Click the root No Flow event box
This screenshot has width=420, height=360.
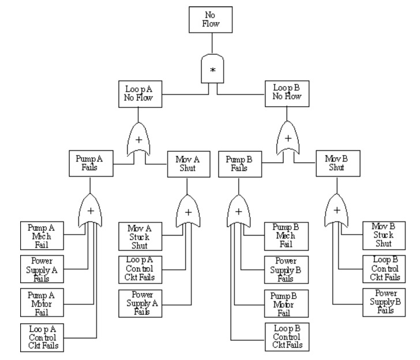[x=212, y=20]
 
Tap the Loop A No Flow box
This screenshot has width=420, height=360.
[x=139, y=93]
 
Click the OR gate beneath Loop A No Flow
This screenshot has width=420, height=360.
[x=139, y=140]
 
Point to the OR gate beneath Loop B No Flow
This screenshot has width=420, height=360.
[x=287, y=140]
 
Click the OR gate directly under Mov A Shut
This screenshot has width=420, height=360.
[x=188, y=211]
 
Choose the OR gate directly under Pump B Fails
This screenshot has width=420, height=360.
[x=238, y=211]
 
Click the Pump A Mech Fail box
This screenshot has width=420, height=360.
[x=42, y=235]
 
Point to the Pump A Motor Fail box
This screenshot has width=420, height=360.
[x=42, y=303]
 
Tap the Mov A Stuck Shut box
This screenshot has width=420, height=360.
[x=139, y=235]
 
